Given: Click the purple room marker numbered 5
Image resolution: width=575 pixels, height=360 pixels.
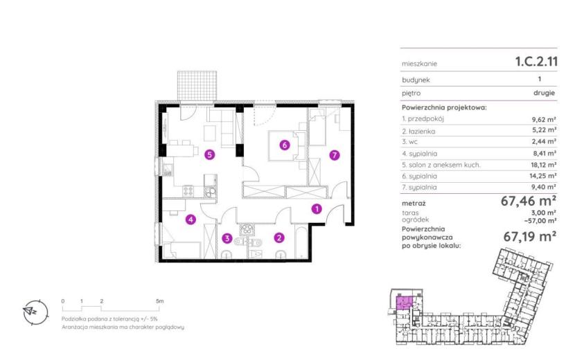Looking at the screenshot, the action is (209, 154).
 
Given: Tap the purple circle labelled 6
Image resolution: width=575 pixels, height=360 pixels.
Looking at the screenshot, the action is (284, 145).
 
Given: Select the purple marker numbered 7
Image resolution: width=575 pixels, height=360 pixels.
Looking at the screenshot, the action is (334, 155).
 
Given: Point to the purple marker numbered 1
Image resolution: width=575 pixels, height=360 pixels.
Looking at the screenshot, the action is (317, 209).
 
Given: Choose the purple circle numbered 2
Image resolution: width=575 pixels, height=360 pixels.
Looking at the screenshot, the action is (279, 238).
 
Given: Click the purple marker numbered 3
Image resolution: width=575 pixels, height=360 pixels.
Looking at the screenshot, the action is (227, 238).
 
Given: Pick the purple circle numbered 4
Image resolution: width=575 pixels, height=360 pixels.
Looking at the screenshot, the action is (191, 219).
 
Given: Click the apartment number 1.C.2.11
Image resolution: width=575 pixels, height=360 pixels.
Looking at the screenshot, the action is (536, 61).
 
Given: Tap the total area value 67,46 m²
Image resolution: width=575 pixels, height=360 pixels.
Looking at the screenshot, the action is (529, 201).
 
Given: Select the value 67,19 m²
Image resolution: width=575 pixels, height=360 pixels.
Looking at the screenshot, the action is (530, 237).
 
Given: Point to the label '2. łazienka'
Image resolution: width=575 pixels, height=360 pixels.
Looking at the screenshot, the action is (418, 131).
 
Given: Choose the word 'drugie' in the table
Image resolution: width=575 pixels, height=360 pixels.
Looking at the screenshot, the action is (545, 93).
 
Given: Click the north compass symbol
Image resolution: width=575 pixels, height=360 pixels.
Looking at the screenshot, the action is (35, 312).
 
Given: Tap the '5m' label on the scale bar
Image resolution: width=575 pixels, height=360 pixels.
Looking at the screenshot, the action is (159, 301).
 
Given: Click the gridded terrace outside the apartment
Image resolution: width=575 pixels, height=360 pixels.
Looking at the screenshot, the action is (197, 85).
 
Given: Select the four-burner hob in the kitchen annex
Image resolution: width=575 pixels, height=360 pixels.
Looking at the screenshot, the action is (188, 190).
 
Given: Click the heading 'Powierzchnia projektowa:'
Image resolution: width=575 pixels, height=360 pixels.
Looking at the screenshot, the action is (444, 107).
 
